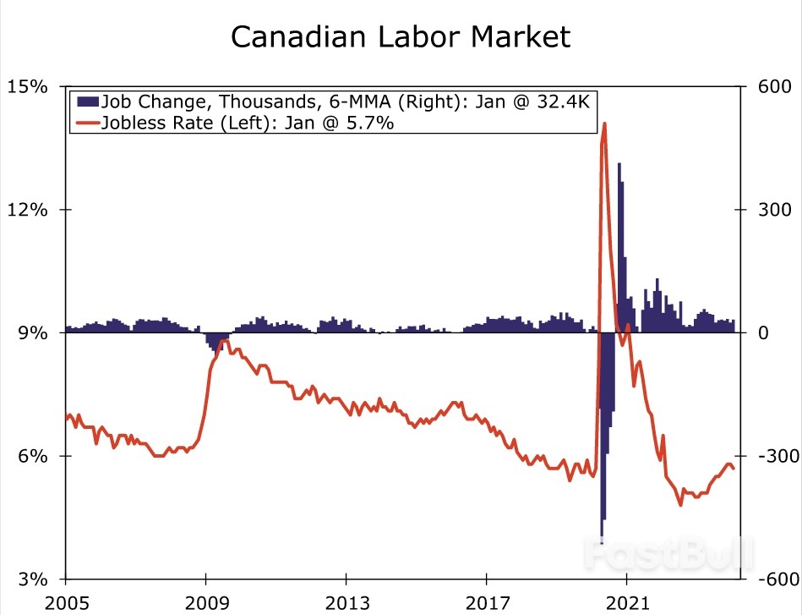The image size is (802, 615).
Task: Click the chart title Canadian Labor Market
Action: [x=401, y=37]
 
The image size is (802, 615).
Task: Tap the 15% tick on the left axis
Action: [x=28, y=87]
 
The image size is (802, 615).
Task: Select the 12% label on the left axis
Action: [x=28, y=210]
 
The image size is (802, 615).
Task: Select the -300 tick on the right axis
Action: [x=766, y=457]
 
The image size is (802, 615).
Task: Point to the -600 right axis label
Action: [x=766, y=579]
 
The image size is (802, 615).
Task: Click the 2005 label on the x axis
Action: [x=66, y=601]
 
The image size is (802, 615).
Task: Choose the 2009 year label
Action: [x=205, y=601]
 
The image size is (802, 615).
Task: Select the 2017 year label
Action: [x=486, y=601]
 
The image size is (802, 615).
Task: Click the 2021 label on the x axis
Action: [x=625, y=601]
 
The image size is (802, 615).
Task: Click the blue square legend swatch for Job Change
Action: [x=87, y=102]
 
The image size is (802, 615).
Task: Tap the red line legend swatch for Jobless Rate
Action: [x=87, y=123]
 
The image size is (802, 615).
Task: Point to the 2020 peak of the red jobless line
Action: [x=604, y=125]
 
